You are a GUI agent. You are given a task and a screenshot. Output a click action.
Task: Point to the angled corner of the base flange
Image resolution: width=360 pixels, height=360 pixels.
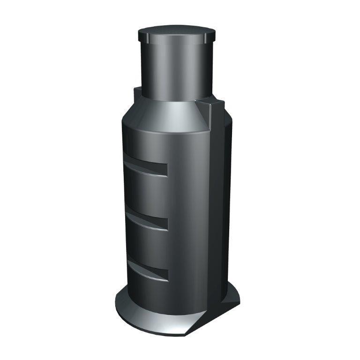tap(195, 326)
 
